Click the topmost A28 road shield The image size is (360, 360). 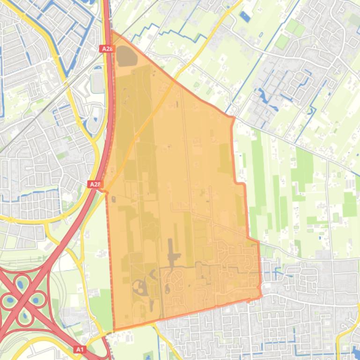pos(106,48)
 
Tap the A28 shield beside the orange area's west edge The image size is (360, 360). pos(95,184)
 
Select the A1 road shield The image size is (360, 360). pos(80,349)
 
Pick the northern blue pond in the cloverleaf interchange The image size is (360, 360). pos(21,283)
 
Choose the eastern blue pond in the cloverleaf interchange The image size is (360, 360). pos(37,299)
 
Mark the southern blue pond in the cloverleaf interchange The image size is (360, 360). pos(23,317)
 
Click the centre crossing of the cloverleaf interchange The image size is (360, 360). pos(22,300)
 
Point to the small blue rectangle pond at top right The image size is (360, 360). pos(245,17)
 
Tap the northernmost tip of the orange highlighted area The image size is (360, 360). pos(112,32)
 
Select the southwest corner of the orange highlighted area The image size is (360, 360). pos(114,330)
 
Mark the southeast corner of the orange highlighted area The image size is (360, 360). pos(260,296)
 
